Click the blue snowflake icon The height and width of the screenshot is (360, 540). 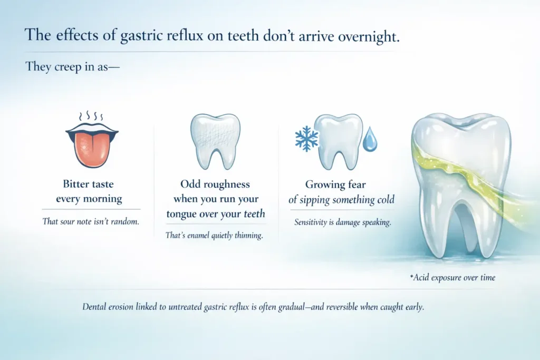point(306,139)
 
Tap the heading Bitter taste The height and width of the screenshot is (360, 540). point(88,184)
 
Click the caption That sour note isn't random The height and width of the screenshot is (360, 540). point(91,221)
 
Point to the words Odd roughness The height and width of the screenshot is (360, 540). point(215,184)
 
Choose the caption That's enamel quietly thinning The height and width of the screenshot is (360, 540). point(214,236)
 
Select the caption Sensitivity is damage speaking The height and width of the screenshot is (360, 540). point(342,222)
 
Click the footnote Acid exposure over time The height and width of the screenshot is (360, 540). point(454,277)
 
